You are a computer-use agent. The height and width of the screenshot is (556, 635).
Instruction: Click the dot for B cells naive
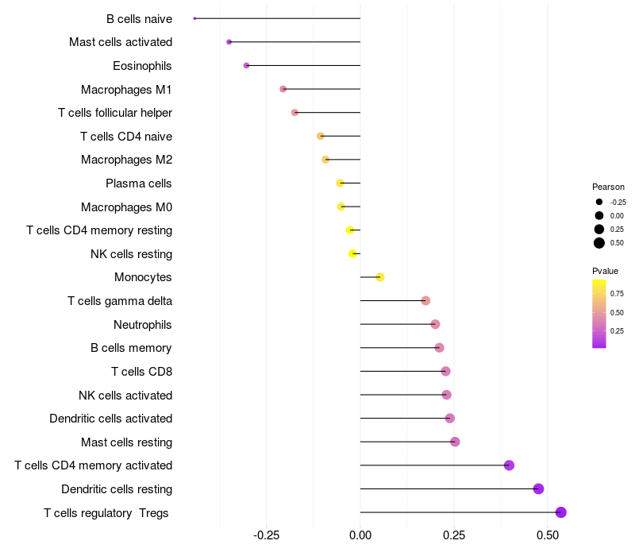(x=194, y=18)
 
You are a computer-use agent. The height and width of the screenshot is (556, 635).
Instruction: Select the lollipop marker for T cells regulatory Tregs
(x=561, y=512)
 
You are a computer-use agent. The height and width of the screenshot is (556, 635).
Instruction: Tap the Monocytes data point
(x=380, y=277)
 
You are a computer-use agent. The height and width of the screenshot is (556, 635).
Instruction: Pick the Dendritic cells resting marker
(x=538, y=488)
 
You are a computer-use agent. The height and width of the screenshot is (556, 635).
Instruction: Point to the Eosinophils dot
(x=246, y=66)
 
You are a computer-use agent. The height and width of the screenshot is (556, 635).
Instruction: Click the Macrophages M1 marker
(x=283, y=89)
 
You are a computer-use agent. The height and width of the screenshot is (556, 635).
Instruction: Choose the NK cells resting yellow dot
(x=352, y=253)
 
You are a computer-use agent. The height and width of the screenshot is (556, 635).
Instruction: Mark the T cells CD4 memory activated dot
(x=509, y=465)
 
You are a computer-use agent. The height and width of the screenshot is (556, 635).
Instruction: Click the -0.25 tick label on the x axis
(x=266, y=535)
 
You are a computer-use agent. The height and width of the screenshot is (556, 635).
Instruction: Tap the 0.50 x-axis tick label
(x=548, y=535)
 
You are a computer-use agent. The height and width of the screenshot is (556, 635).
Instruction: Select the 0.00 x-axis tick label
(x=360, y=535)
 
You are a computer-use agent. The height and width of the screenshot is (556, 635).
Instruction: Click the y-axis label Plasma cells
(x=138, y=183)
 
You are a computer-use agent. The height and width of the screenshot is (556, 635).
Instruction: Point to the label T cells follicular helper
(x=115, y=113)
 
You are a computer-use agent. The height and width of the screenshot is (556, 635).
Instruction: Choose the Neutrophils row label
(x=143, y=325)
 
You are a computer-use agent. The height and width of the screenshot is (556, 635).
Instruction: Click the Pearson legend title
(x=608, y=187)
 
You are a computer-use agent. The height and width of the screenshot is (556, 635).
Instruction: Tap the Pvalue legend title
(x=605, y=271)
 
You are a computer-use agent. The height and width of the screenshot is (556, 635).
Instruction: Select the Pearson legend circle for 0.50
(x=599, y=243)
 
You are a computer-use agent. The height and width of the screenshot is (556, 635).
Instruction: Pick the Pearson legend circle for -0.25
(x=599, y=202)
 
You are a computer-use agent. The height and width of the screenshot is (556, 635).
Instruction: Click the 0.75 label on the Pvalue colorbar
(x=617, y=294)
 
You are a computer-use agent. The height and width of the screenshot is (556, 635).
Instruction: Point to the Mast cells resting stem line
(x=407, y=442)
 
